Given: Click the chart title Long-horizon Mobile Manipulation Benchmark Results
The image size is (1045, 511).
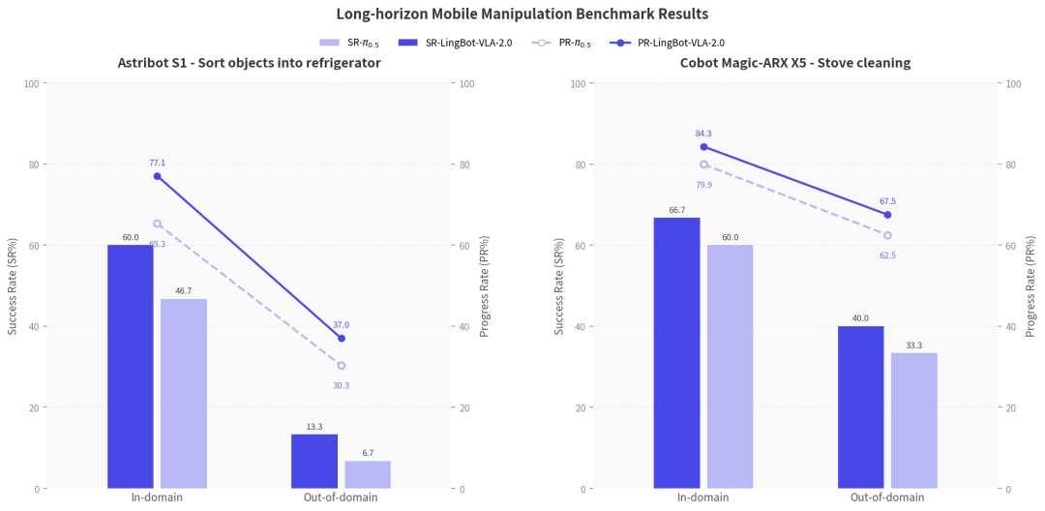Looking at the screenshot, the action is pos(522,14).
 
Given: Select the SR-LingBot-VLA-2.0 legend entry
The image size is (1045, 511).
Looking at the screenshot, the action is pos(455,43).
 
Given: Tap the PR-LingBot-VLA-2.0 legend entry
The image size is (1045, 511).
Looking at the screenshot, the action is pos(667,43).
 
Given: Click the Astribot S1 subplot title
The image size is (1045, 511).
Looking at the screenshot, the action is pos(250,64).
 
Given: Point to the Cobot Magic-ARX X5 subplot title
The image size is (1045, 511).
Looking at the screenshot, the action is pos(795,64).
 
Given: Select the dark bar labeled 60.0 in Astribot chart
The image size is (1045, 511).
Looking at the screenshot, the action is pos(131,367).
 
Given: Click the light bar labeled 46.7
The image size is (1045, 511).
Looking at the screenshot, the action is pos(184,394).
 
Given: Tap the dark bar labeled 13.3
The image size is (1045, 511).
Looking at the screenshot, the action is pos(314,461).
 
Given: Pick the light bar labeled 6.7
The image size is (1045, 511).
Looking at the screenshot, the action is pos(368,474).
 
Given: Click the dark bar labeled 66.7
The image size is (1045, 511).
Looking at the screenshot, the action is pos(677,353).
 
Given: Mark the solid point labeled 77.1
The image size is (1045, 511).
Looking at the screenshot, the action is pos(158,176).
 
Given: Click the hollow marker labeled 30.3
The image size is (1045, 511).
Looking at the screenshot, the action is pos(342,366).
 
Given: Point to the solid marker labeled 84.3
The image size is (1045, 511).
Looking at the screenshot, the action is pos(703,146).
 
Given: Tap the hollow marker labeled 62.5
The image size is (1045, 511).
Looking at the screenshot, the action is pos(887,235).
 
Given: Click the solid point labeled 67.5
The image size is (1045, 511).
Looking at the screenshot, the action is pos(887,215).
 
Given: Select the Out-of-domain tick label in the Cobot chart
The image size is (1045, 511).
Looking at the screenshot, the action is pos(887,497).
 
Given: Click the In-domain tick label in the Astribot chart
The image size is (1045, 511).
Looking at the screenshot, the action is pos(158,497).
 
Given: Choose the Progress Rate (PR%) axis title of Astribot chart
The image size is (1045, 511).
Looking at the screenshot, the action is pos(485,286).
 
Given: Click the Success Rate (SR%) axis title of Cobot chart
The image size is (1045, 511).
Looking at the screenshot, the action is pos(559,286).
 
